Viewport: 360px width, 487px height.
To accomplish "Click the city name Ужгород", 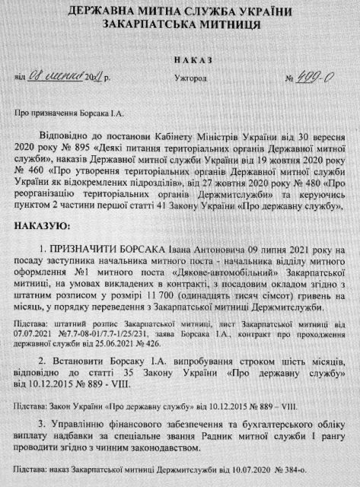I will click(x=185, y=76).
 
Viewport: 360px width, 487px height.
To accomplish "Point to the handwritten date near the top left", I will click(x=67, y=76).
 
